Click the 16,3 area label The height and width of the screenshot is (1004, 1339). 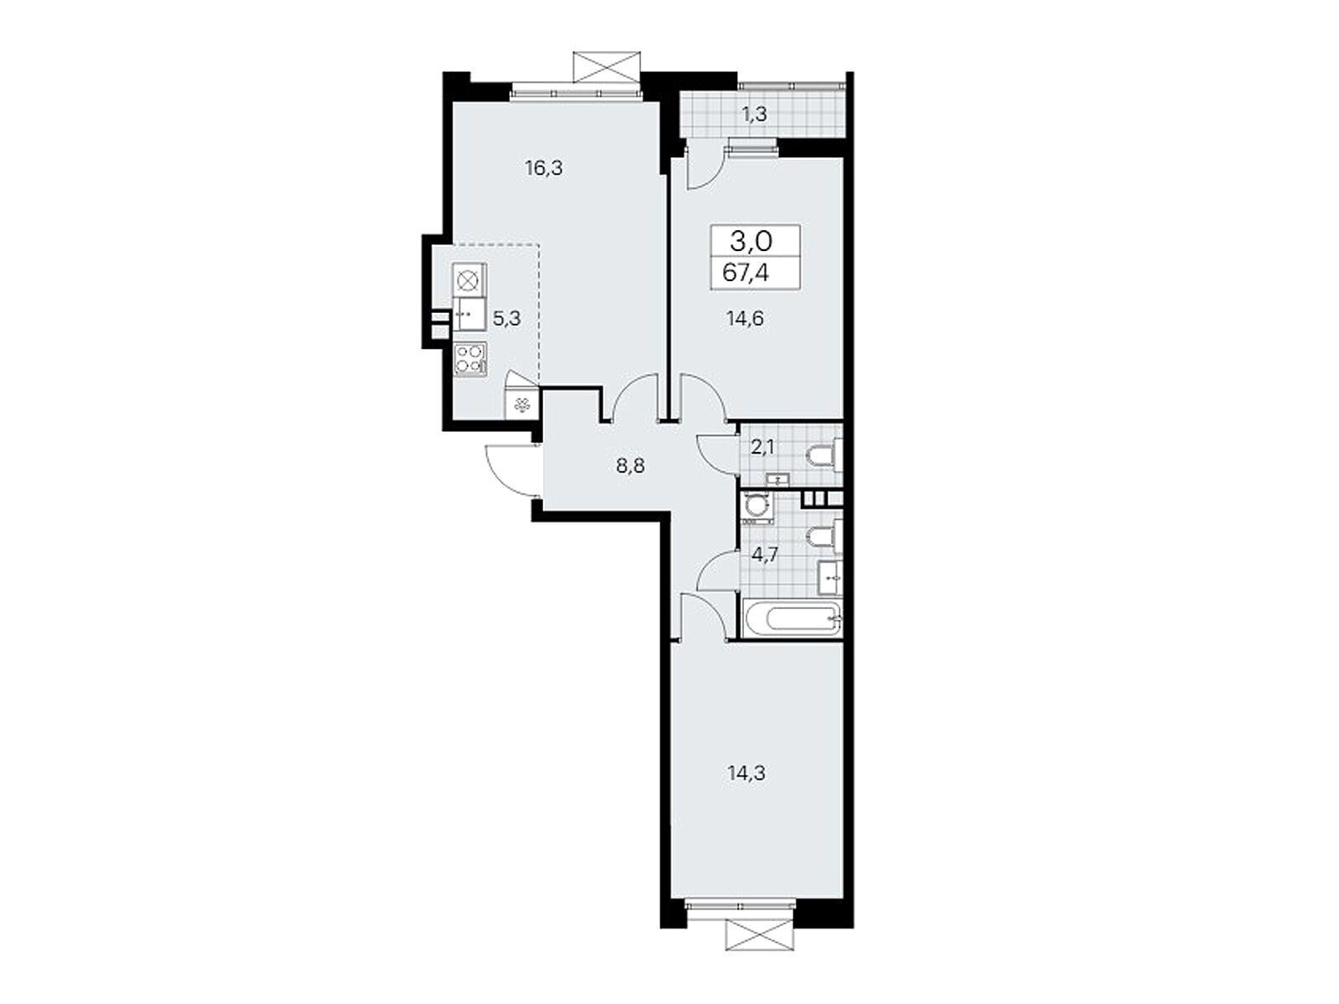click(x=544, y=168)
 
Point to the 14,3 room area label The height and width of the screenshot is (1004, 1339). click(x=746, y=773)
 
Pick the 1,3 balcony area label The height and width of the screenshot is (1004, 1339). click(x=754, y=115)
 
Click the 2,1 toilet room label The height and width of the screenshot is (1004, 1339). click(x=762, y=447)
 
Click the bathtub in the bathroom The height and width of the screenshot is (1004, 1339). click(x=792, y=620)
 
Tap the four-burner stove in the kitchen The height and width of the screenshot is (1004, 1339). click(x=469, y=360)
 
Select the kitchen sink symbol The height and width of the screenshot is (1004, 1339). click(x=469, y=316)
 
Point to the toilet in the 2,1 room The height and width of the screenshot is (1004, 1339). click(x=823, y=455)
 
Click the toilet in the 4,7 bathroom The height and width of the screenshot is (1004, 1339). click(x=823, y=535)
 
